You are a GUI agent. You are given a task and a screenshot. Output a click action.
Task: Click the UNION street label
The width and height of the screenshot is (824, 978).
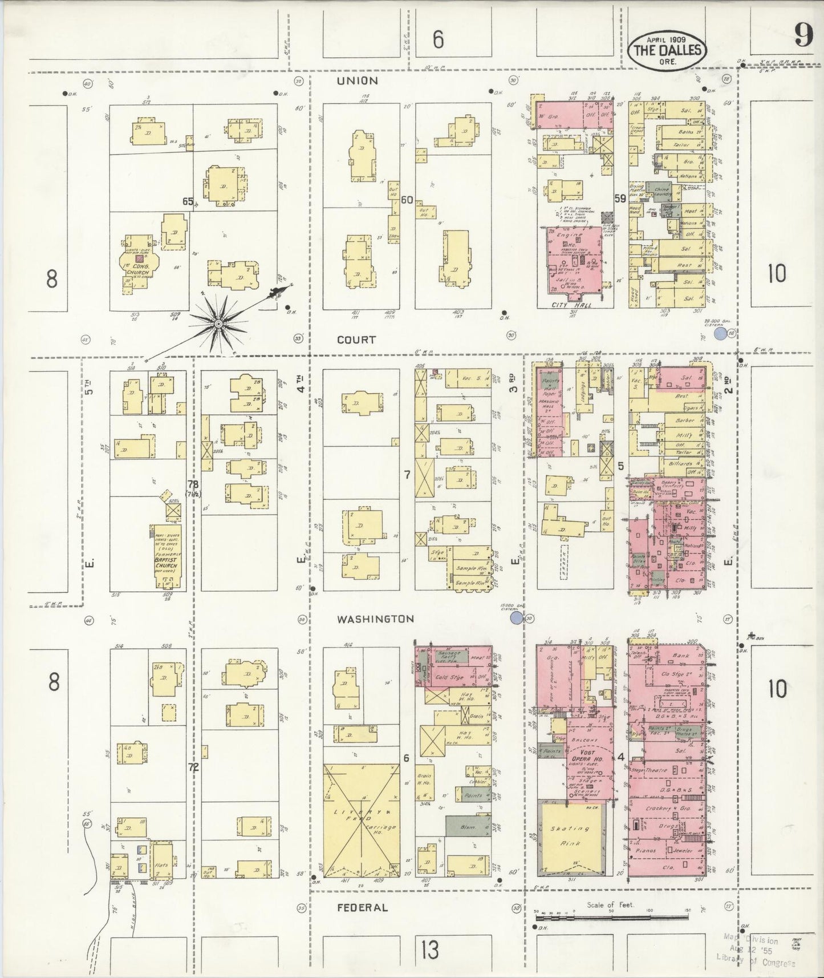pos(357,81)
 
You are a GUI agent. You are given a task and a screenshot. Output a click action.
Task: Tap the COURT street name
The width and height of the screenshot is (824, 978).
pos(356,340)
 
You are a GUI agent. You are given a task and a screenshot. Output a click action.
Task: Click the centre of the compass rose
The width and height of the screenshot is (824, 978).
pos(218,324)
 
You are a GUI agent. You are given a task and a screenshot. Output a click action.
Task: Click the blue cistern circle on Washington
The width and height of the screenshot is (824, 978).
pos(517,617)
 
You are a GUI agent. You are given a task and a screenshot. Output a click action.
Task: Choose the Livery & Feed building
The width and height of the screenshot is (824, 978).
pos(362,816)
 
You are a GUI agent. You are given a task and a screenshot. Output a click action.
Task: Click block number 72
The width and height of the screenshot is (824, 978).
pos(194,767)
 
